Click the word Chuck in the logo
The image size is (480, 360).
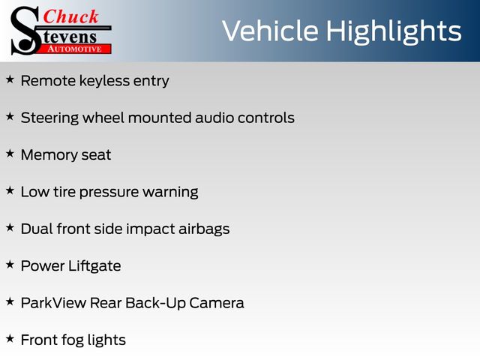(70, 16)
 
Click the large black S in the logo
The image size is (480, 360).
(25, 31)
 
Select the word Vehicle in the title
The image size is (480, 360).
(270, 31)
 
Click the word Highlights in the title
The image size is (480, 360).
(393, 31)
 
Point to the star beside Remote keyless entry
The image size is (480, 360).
(10, 79)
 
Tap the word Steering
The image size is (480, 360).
(49, 118)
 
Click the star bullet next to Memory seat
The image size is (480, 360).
(10, 154)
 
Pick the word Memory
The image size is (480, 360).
(49, 155)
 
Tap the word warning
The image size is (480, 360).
(170, 193)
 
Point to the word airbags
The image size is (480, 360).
(204, 229)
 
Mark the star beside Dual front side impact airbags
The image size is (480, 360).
(10, 228)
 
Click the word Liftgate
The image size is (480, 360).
(94, 266)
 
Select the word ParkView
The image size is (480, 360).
(53, 303)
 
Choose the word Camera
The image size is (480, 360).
(217, 303)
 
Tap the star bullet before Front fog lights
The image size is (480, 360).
(10, 339)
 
